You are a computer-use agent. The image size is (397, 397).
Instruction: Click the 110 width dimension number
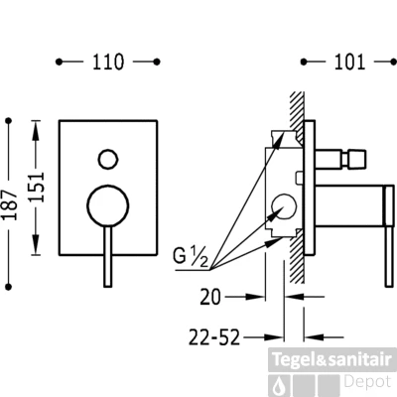click(108, 62)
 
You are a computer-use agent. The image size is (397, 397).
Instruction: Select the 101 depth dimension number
click(350, 62)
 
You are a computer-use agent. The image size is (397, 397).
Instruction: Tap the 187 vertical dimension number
click(9, 204)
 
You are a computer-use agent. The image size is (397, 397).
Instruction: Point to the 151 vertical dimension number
click(36, 187)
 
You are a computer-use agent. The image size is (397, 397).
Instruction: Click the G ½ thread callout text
click(191, 257)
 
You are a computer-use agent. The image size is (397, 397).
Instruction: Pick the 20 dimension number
click(210, 297)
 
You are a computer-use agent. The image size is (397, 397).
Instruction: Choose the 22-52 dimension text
click(213, 337)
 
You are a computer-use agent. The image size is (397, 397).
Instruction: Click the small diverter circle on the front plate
click(108, 159)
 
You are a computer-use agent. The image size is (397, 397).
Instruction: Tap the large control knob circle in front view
click(107, 205)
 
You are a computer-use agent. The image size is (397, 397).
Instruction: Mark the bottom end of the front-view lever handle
click(107, 286)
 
